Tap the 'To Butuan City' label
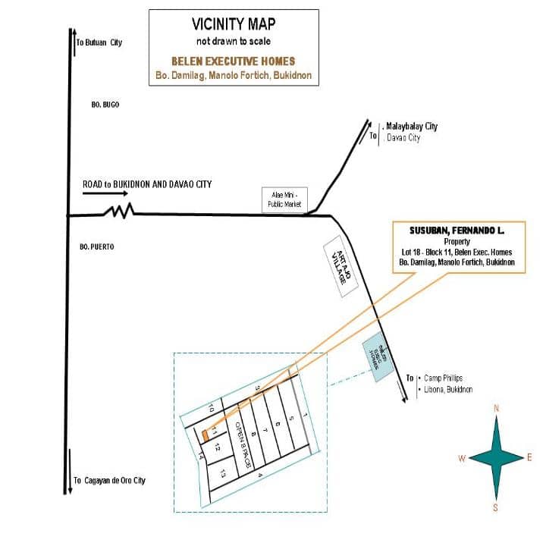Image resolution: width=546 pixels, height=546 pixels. (99, 42)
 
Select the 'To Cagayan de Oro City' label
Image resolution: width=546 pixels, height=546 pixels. (109, 481)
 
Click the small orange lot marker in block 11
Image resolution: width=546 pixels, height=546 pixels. (206, 435)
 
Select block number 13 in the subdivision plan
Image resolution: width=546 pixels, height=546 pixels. (223, 473)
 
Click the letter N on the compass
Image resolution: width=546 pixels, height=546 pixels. (497, 409)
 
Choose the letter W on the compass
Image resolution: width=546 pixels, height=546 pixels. (461, 458)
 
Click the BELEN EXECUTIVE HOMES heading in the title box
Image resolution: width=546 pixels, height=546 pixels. (232, 61)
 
